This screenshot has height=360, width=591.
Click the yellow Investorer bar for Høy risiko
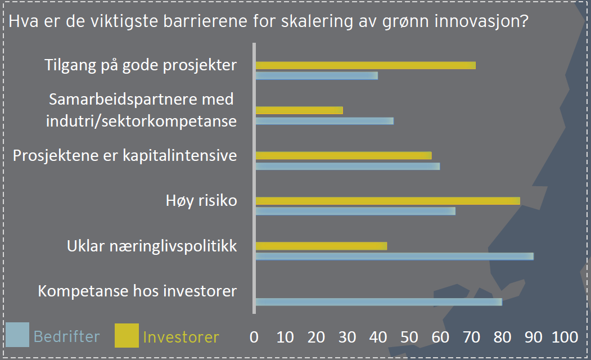pos(388,201)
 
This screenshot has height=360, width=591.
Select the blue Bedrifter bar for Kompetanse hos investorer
pos(379,302)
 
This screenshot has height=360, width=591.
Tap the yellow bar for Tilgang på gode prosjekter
pos(366,66)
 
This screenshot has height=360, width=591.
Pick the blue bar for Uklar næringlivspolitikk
pos(395,256)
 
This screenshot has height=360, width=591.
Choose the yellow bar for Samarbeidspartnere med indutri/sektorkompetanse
pos(299,110)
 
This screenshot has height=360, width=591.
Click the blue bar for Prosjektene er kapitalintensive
pos(348,166)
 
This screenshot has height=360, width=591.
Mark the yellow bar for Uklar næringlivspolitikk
pos(322,246)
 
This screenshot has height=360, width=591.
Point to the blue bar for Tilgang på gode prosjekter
pos(317,76)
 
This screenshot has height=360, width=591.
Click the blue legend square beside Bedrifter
pos(17,334)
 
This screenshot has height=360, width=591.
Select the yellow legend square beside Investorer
pos(127,335)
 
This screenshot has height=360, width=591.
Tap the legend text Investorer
pos(181,337)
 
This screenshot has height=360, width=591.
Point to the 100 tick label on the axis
pos(565,337)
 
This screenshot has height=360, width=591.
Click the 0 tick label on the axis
pos(254,337)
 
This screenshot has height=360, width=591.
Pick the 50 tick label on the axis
pos(409,337)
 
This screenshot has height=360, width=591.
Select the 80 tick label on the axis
pos(502,337)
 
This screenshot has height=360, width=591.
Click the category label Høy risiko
pos(201,201)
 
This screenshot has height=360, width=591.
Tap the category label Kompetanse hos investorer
pos(137,291)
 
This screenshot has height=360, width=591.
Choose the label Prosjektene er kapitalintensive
pos(125,156)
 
